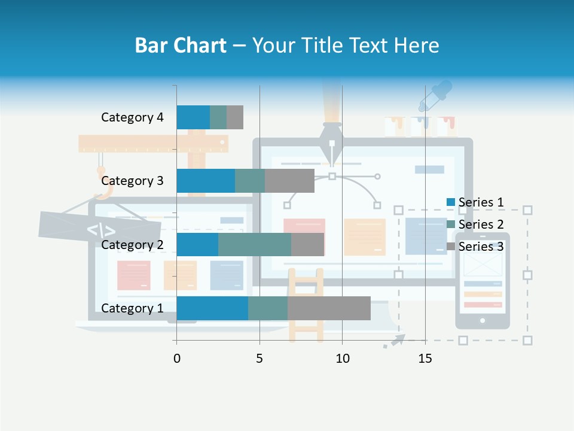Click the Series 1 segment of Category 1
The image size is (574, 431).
coord(212,308)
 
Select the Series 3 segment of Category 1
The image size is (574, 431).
coord(329,308)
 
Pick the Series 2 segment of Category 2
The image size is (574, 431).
coord(255,244)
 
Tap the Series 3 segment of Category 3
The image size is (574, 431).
coord(289,181)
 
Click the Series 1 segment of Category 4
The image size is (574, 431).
coord(193,117)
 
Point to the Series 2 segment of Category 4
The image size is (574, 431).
coord(218,117)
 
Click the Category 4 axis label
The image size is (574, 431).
coord(132,117)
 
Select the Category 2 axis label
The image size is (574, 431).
coord(132,245)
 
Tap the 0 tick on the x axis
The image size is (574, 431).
coord(176,359)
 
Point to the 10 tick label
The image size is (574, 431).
coord(342,359)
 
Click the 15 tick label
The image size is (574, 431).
coord(425,359)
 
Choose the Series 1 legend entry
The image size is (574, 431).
coord(475,202)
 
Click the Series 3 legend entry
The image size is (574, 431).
coord(475,247)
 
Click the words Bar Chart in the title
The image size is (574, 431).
coord(181,45)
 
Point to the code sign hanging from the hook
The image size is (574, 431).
coord(100,228)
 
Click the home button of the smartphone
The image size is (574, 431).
coord(483,321)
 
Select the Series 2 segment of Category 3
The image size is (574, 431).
coord(250,181)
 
